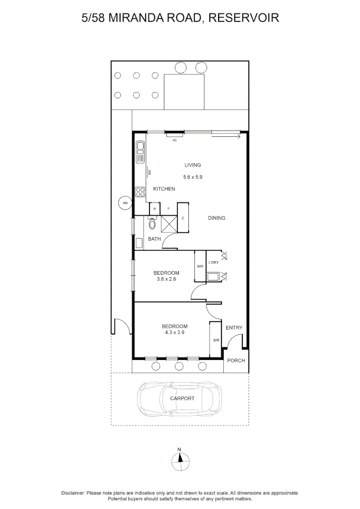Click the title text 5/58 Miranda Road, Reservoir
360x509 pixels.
point(180,18)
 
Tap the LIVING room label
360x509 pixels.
point(192,165)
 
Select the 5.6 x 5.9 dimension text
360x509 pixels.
point(192,177)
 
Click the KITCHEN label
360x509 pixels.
point(164,189)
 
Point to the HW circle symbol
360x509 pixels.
point(125,203)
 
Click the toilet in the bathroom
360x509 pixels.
point(152,223)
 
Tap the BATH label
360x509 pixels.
point(155,239)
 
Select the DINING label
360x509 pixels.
point(217,218)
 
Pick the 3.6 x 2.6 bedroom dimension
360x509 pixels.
point(166,279)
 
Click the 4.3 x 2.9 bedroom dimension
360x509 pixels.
point(174,333)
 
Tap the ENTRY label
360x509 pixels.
point(234,328)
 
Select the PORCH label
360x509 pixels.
point(236,361)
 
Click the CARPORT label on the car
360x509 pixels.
point(182,398)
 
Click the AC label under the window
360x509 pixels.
point(174,140)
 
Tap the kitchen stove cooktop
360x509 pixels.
point(140,191)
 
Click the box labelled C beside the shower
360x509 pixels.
point(183,218)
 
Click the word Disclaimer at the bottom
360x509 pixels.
point(73,493)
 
